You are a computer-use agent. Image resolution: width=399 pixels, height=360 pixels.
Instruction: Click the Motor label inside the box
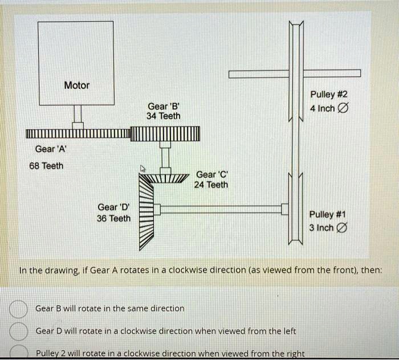pyautogui.click(x=76, y=85)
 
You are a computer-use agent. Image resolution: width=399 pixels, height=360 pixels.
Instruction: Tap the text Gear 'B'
pyautogui.click(x=163, y=106)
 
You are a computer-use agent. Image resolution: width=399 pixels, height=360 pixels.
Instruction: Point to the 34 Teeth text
pyautogui.click(x=163, y=116)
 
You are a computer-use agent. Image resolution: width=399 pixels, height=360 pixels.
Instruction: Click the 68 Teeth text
pyautogui.click(x=47, y=166)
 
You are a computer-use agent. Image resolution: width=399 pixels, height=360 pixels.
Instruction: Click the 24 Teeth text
pyautogui.click(x=211, y=185)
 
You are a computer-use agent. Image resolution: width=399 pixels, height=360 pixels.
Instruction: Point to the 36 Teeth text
pyautogui.click(x=113, y=218)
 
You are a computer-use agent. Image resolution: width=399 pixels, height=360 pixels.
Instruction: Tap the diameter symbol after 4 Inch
pyautogui.click(x=343, y=108)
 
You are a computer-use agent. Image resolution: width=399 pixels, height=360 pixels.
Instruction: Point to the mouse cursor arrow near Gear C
pyautogui.click(x=144, y=169)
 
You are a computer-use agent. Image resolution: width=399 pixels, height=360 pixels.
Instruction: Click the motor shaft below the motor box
pyautogui.click(x=78, y=117)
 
